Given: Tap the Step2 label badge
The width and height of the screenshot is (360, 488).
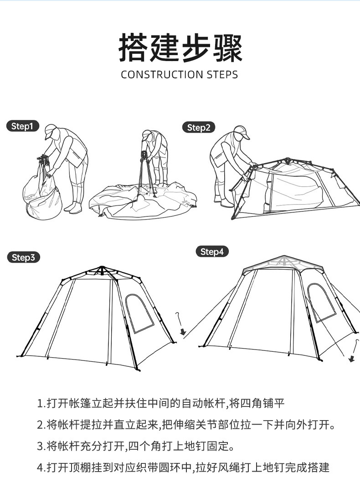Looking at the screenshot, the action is (x=198, y=128).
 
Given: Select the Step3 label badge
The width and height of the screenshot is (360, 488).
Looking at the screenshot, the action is (x=23, y=257).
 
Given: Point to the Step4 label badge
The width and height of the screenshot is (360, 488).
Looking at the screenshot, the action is (x=212, y=252).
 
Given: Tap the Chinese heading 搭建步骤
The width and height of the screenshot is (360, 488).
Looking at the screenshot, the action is (x=180, y=47).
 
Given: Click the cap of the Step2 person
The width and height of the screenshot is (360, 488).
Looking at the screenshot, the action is (x=241, y=131).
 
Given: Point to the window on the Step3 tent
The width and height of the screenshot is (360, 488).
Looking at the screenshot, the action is (x=139, y=313).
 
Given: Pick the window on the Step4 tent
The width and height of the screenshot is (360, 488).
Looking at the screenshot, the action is (x=321, y=302).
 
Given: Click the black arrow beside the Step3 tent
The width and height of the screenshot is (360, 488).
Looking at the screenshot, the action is (x=183, y=332).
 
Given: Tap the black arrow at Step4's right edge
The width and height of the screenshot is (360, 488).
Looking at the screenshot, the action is (x=351, y=359).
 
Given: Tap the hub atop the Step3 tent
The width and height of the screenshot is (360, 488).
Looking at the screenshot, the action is (x=103, y=268).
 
